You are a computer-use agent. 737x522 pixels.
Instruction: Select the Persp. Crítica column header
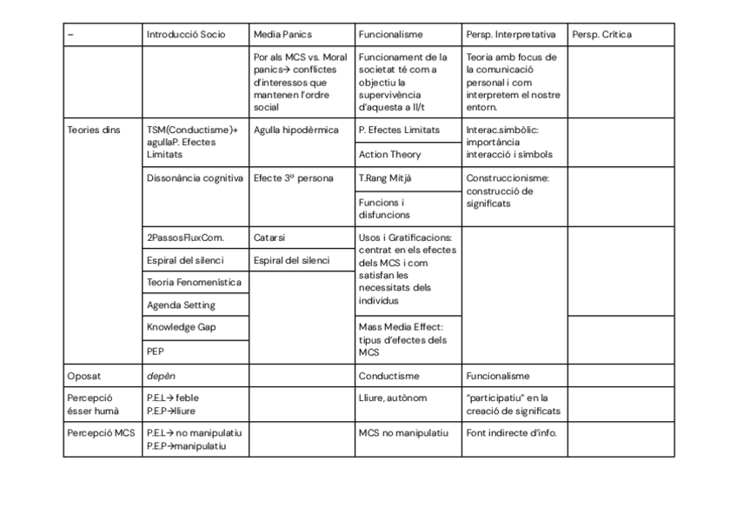[x=601, y=35]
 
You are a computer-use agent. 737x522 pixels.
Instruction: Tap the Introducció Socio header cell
[x=186, y=35]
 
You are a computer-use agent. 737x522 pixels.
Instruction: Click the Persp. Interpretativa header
[x=510, y=35]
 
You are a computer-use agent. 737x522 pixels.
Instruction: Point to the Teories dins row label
[x=94, y=130]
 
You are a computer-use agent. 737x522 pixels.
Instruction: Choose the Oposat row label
[x=84, y=376]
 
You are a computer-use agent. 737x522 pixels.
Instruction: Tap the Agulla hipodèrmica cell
[x=296, y=130]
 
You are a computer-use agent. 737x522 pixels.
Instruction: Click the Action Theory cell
[x=389, y=155]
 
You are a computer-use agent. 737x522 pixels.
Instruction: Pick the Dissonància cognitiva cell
[x=195, y=178]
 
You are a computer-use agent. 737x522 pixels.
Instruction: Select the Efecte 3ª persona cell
[x=293, y=178]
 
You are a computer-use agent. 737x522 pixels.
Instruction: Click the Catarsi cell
[x=269, y=237]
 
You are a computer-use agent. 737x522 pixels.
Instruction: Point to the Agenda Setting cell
[x=181, y=305]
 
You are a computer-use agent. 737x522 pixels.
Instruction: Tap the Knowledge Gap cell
[x=181, y=327]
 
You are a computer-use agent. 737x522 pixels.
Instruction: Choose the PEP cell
[x=156, y=351]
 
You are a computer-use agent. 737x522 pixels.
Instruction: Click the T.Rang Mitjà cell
[x=385, y=178]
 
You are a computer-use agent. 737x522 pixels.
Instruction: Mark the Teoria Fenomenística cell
[x=194, y=282]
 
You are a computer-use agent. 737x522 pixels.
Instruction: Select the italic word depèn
[x=161, y=376]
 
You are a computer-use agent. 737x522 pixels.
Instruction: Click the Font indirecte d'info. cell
[x=511, y=432]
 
